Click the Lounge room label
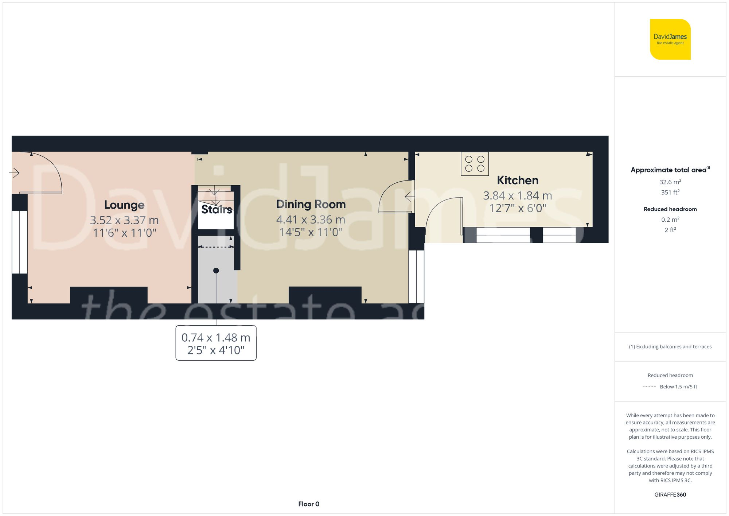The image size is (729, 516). point(124,205)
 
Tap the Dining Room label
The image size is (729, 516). point(311,204)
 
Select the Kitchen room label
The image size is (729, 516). point(518,180)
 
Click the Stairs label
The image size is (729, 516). point(217,209)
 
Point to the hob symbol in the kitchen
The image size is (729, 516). point(475,164)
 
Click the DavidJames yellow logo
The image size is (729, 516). point(670,39)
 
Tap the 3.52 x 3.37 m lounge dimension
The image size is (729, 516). point(124,220)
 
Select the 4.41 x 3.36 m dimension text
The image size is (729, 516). point(311,220)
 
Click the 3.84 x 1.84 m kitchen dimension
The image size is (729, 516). point(518,196)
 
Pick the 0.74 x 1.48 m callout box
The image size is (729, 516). point(216,343)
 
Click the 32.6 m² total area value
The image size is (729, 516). point(670,182)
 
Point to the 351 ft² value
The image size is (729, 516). point(670,192)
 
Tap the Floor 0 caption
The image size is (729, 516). point(309,504)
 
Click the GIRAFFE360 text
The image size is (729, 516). point(670,494)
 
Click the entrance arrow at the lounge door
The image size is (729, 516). point(14,172)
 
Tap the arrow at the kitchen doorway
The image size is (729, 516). point(409,197)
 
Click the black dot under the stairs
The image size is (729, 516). point(216,271)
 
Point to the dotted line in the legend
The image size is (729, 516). point(650,387)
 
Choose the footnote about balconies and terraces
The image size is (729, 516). point(670,346)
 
